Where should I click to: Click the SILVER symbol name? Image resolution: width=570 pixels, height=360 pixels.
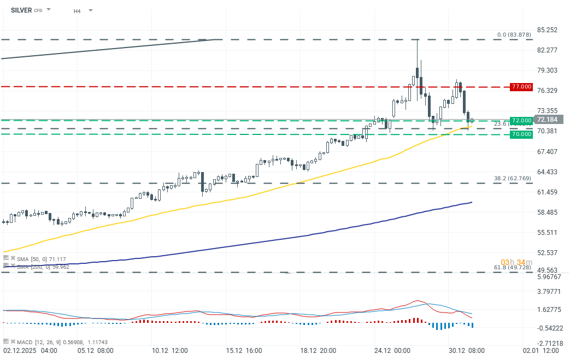coord(21,10)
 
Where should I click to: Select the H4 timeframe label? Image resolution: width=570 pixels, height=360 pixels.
coord(78,10)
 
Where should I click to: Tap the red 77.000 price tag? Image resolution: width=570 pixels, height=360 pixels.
coord(521,87)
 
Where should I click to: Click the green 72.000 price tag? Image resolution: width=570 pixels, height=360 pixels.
coord(521,120)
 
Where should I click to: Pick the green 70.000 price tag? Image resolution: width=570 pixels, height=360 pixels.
coord(521,134)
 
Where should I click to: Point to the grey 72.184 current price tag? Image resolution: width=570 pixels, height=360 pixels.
coord(547,120)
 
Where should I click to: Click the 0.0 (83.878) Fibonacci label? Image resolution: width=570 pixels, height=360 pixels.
coord(514,35)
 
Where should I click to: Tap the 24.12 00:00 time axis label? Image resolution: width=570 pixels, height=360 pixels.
coord(392,350)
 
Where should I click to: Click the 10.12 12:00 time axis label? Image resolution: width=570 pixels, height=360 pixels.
coord(170,350)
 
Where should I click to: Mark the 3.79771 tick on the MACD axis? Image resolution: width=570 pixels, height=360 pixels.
coord(548,292)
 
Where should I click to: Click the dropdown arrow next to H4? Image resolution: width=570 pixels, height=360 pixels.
coord(90,10)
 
